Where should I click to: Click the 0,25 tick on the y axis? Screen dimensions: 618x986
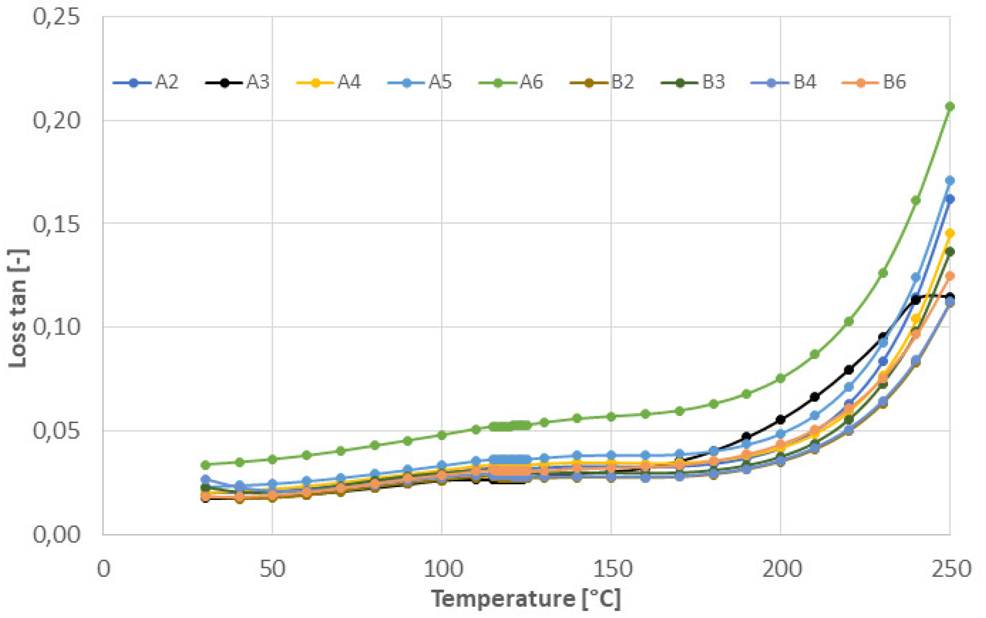tap(56, 17)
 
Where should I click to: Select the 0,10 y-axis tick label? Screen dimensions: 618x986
tap(56, 327)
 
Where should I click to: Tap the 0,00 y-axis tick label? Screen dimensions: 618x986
tap(56, 534)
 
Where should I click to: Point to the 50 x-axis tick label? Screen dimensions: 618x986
tap(273, 569)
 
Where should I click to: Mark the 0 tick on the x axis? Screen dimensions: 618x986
tap(103, 569)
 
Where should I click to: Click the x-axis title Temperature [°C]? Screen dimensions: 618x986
tap(526, 599)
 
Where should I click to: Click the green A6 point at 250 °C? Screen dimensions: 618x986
tap(950, 106)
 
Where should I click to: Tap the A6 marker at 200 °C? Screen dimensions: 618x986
tap(780, 379)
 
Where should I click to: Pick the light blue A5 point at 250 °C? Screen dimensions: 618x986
tap(950, 180)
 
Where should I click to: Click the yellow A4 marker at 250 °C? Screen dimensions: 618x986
tap(950, 233)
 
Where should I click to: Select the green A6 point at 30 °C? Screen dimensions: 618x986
tap(206, 465)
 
